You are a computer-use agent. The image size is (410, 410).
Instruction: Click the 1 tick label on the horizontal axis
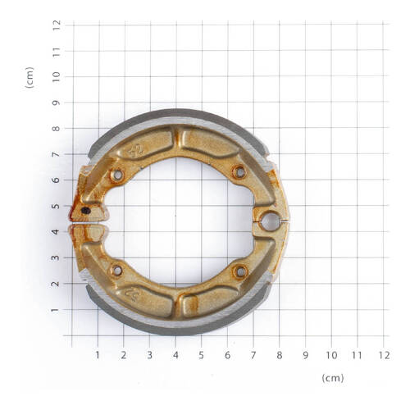98,355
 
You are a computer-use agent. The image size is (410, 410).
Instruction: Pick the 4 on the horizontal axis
175,355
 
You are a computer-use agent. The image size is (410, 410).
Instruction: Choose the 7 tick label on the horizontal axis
253,355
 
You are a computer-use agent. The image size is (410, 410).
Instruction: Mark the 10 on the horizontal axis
331,355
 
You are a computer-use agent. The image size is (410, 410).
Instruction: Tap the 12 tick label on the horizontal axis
383,355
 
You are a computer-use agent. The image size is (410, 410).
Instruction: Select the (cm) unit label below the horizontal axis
332,378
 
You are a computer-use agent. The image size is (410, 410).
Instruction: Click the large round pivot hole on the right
270,220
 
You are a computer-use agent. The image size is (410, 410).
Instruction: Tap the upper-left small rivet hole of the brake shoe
116,174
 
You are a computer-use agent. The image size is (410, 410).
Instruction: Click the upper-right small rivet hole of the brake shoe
239,172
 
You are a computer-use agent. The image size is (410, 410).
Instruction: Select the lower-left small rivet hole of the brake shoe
116,270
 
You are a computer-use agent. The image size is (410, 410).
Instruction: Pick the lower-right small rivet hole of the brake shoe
239,271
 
